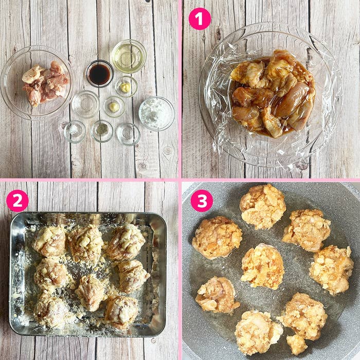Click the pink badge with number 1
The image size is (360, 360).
[x=200, y=19]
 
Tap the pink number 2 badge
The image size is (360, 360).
[x=17, y=201]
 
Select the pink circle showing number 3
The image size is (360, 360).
[x=201, y=201]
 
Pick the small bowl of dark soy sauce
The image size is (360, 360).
[x=99, y=74]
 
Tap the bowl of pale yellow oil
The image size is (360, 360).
[x=129, y=56]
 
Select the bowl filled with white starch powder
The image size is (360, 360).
[x=156, y=113]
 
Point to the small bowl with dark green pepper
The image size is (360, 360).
[x=102, y=131]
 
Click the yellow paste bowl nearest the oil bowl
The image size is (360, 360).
[x=125, y=87]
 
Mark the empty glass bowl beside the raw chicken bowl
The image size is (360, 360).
[x=85, y=104]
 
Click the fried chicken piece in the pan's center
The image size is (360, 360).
[x=262, y=266]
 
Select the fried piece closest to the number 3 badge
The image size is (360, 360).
[x=217, y=237]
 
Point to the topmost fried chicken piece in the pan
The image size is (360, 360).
[x=262, y=206]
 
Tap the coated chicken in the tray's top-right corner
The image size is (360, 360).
[x=125, y=241]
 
